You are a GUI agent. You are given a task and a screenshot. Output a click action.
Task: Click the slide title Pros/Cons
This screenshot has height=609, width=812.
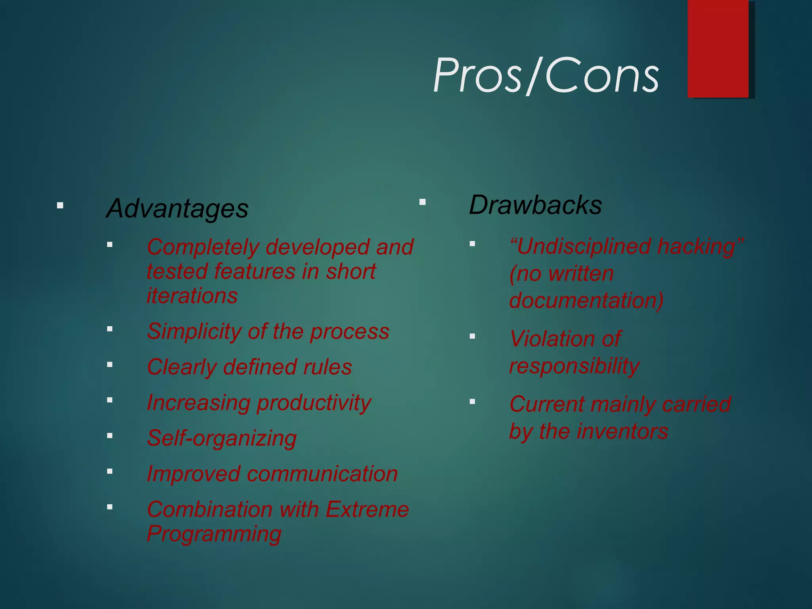[x=546, y=75]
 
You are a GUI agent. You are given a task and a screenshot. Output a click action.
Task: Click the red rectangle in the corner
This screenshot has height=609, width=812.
[x=718, y=48]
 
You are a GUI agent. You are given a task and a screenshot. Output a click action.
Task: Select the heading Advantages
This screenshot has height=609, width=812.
[x=177, y=209]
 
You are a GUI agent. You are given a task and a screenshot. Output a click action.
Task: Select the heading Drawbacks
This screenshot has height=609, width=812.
[x=535, y=205]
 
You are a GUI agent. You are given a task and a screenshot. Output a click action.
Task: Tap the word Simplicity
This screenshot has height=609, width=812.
[x=194, y=331]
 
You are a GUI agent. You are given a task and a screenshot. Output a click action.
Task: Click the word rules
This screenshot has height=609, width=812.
[x=327, y=367]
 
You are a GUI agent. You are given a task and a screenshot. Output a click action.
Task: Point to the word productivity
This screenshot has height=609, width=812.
[x=314, y=403]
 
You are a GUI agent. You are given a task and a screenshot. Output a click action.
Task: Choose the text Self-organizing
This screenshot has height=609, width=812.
[x=222, y=439]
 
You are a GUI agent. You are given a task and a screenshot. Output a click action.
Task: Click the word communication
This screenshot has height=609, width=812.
[x=322, y=474]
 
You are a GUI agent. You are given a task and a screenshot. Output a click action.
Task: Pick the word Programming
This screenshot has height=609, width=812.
[x=214, y=534]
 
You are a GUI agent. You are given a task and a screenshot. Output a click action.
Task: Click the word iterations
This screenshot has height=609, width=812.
[x=192, y=296]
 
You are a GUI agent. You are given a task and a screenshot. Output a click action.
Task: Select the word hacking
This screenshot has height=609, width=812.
[x=700, y=247]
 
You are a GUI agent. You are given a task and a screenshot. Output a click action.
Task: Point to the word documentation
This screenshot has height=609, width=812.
[x=586, y=300]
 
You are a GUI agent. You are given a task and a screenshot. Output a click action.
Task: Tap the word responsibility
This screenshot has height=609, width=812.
[x=574, y=366]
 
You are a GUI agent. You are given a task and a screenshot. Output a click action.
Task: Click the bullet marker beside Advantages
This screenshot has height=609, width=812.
[x=60, y=205]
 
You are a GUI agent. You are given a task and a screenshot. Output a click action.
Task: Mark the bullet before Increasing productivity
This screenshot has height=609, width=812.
[x=110, y=400]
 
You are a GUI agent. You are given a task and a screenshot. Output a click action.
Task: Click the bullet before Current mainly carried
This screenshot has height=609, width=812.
[x=472, y=401]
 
